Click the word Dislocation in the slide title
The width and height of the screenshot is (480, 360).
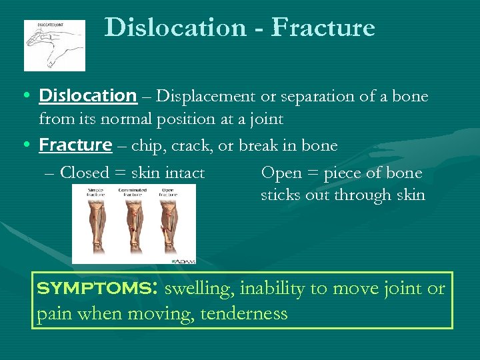pos(175,28)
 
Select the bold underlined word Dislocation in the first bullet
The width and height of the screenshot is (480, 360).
pos(87,96)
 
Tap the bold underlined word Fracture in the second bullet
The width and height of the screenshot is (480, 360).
pos(75,145)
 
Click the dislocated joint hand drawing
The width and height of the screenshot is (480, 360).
pos(55,45)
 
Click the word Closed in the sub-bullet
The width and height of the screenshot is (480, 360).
pos(84,173)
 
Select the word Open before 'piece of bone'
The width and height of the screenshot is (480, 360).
pos(281,173)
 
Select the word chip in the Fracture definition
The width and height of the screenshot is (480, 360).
pos(146,145)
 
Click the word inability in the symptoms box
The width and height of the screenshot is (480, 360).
pos(271,289)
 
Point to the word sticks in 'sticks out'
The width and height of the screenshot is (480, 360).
pos(280,196)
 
